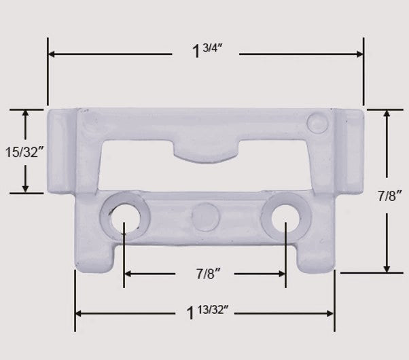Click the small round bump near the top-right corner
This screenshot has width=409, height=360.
click(x=316, y=122)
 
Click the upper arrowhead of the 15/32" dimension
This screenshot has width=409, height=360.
click(x=26, y=113)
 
